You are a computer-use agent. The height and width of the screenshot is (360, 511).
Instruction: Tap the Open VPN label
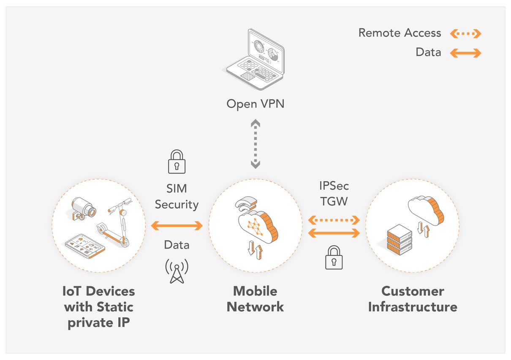click(255, 103)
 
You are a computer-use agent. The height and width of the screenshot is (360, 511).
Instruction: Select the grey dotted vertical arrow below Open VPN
click(255, 144)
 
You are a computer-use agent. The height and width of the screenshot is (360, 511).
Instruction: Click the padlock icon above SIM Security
click(177, 162)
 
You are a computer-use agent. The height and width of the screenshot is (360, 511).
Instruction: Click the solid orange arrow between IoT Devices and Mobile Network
click(177, 226)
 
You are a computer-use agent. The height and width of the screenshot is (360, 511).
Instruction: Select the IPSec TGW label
click(334, 194)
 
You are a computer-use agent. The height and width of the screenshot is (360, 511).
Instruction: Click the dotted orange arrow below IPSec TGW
click(334, 220)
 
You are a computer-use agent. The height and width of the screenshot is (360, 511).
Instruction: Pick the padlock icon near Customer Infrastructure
click(334, 258)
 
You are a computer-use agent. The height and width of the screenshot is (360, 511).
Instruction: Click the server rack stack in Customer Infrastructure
click(399, 239)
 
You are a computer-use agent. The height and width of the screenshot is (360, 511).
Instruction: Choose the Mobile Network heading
click(255, 299)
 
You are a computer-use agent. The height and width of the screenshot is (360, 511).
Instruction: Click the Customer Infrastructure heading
click(413, 299)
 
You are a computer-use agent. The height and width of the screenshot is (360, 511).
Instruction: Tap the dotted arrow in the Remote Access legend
click(465, 33)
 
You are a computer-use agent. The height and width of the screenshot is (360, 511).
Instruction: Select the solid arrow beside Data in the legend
click(465, 53)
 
